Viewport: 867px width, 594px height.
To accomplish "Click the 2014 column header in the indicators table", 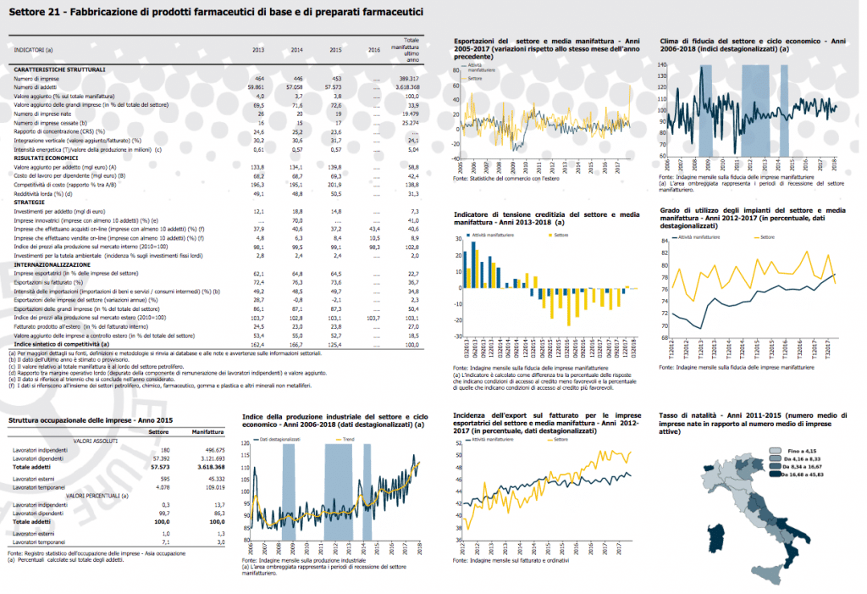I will coord(298,51).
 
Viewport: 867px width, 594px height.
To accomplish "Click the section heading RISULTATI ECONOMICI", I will coord(47,158).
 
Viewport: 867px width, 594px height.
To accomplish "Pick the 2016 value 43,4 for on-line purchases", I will coord(373,229).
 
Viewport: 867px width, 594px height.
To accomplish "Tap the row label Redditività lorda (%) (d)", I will coord(44,192).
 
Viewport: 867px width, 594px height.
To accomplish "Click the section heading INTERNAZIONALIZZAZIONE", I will coord(52,264).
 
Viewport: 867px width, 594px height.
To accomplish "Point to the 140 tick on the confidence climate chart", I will coord(663,64).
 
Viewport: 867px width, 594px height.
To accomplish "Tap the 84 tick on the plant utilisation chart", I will coord(663,241).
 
